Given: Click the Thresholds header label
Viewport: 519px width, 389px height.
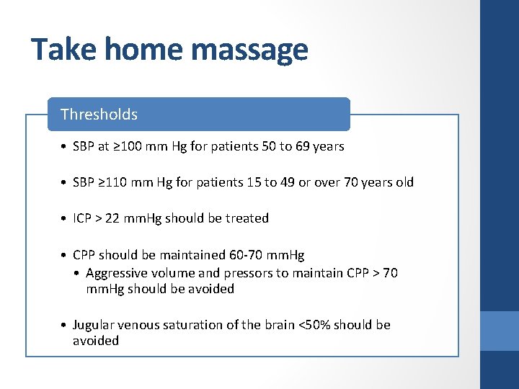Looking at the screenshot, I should point(99,115).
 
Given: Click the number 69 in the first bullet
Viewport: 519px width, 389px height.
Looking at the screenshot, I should point(303,146).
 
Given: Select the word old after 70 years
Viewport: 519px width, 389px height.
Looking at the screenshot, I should point(404,182).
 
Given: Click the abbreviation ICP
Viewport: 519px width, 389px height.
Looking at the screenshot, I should point(82,218).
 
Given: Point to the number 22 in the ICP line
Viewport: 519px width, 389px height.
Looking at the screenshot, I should point(112,218).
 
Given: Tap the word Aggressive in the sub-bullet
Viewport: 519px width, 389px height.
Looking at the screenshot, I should point(116,273).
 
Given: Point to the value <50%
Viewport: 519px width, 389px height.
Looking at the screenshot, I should point(314,325).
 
